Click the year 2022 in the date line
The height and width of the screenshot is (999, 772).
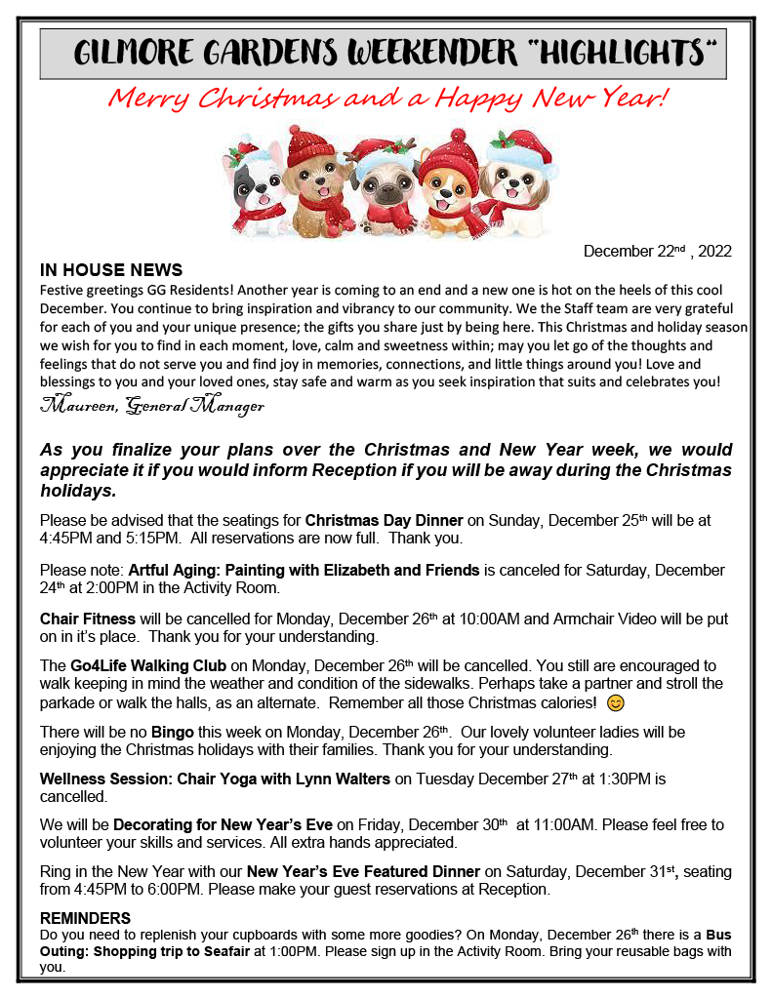click(711, 252)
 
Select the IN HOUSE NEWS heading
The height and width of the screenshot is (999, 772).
click(111, 269)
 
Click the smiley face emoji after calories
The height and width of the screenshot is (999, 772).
click(615, 702)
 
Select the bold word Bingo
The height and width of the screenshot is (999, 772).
click(171, 732)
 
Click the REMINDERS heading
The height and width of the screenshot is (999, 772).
click(85, 919)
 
